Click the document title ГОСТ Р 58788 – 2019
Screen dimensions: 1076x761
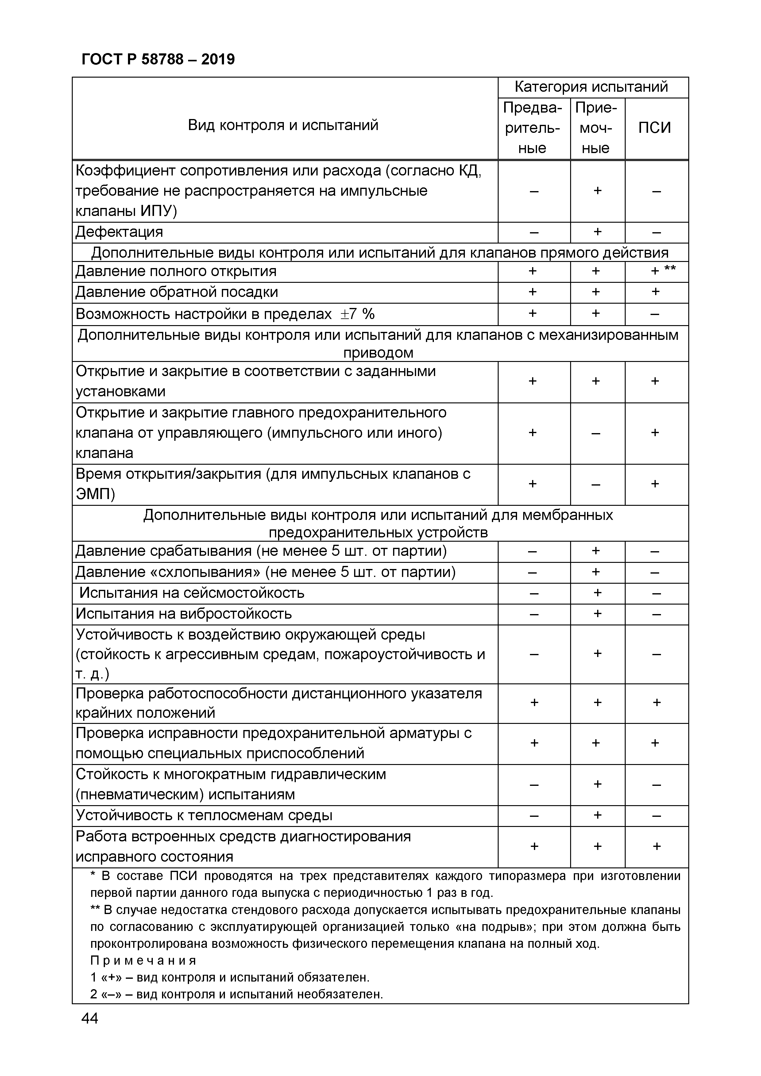pyautogui.click(x=158, y=60)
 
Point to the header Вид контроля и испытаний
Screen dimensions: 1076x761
pyautogui.click(x=283, y=125)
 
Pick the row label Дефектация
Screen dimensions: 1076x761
pyautogui.click(x=120, y=232)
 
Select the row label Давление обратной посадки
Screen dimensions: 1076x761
pyautogui.click(x=177, y=292)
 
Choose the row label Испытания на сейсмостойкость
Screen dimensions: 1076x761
pyautogui.click(x=192, y=593)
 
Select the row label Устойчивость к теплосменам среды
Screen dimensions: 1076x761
pyautogui.click(x=204, y=816)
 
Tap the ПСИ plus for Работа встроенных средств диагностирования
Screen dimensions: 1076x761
pyautogui.click(x=656, y=846)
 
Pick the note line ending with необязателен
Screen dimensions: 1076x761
pyautogui.click(x=237, y=994)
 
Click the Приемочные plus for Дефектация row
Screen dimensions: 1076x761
pyautogui.click(x=597, y=232)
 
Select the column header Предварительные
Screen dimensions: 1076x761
pyautogui.click(x=532, y=128)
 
